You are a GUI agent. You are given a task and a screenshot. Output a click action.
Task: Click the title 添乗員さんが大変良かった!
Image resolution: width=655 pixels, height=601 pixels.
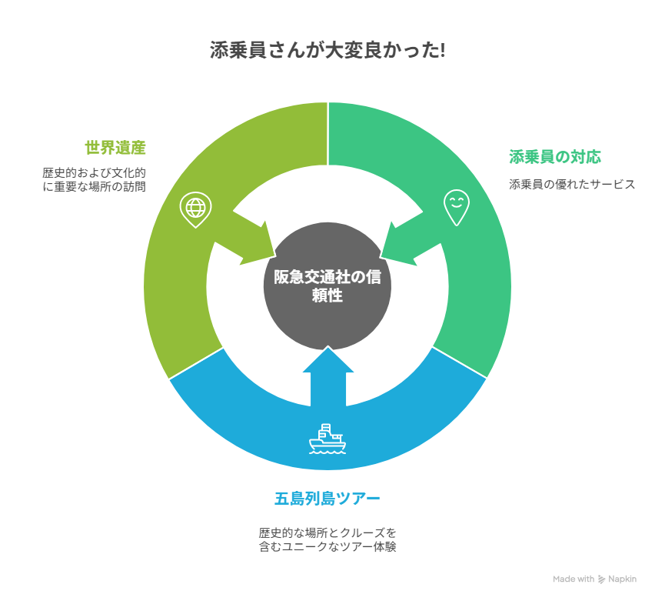point(327,51)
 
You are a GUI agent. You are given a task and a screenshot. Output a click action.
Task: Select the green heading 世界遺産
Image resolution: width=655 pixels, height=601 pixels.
point(115,148)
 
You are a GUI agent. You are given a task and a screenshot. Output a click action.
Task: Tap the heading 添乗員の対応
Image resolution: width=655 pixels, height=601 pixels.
point(555,157)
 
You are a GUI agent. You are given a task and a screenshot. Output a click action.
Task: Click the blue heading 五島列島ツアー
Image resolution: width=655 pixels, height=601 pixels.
point(327,499)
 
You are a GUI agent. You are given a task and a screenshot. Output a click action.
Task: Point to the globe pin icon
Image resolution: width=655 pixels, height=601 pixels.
point(195,209)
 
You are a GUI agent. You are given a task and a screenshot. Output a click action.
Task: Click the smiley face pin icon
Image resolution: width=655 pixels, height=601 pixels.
point(457,208)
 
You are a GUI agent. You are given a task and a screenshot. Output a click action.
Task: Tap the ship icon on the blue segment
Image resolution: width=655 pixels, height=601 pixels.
point(327,439)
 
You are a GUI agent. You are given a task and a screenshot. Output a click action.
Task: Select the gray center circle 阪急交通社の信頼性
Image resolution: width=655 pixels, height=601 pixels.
point(327,286)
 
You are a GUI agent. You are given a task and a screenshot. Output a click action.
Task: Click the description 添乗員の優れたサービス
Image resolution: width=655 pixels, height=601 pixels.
point(572,185)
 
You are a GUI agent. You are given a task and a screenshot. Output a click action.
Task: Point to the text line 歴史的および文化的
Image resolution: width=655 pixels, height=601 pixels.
point(94,172)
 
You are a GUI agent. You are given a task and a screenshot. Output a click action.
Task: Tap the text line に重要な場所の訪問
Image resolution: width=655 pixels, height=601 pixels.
point(94,186)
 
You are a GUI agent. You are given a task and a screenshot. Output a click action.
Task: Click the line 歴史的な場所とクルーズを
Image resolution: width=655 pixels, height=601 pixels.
point(327,533)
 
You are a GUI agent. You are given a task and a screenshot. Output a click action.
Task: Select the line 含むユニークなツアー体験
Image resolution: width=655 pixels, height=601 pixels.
point(327,546)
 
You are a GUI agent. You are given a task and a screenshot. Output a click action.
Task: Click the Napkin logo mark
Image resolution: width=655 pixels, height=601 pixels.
point(601,579)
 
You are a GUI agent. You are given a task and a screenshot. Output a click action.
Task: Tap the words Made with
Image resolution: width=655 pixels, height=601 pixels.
point(574,579)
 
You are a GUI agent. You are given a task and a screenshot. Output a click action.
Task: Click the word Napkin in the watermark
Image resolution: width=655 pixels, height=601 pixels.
point(623,579)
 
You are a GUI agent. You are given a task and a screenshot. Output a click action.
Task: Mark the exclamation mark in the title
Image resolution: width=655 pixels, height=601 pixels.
point(442,51)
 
